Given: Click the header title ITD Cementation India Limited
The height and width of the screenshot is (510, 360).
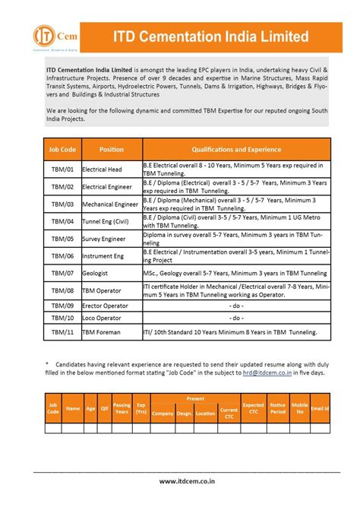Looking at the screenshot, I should (210, 36).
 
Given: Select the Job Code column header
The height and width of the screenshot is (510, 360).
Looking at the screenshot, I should (62, 150).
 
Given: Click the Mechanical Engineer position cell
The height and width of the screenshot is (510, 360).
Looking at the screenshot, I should (110, 204).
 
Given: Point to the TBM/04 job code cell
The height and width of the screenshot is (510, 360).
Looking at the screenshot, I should (62, 222).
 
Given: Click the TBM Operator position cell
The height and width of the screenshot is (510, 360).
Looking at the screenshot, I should (103, 290).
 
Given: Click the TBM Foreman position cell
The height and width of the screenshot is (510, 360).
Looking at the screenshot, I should (102, 331).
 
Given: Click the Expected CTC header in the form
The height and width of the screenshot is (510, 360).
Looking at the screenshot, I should (253, 408).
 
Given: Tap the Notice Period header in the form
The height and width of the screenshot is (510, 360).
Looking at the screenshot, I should (278, 408).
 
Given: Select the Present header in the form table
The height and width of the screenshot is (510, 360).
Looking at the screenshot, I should (195, 398).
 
